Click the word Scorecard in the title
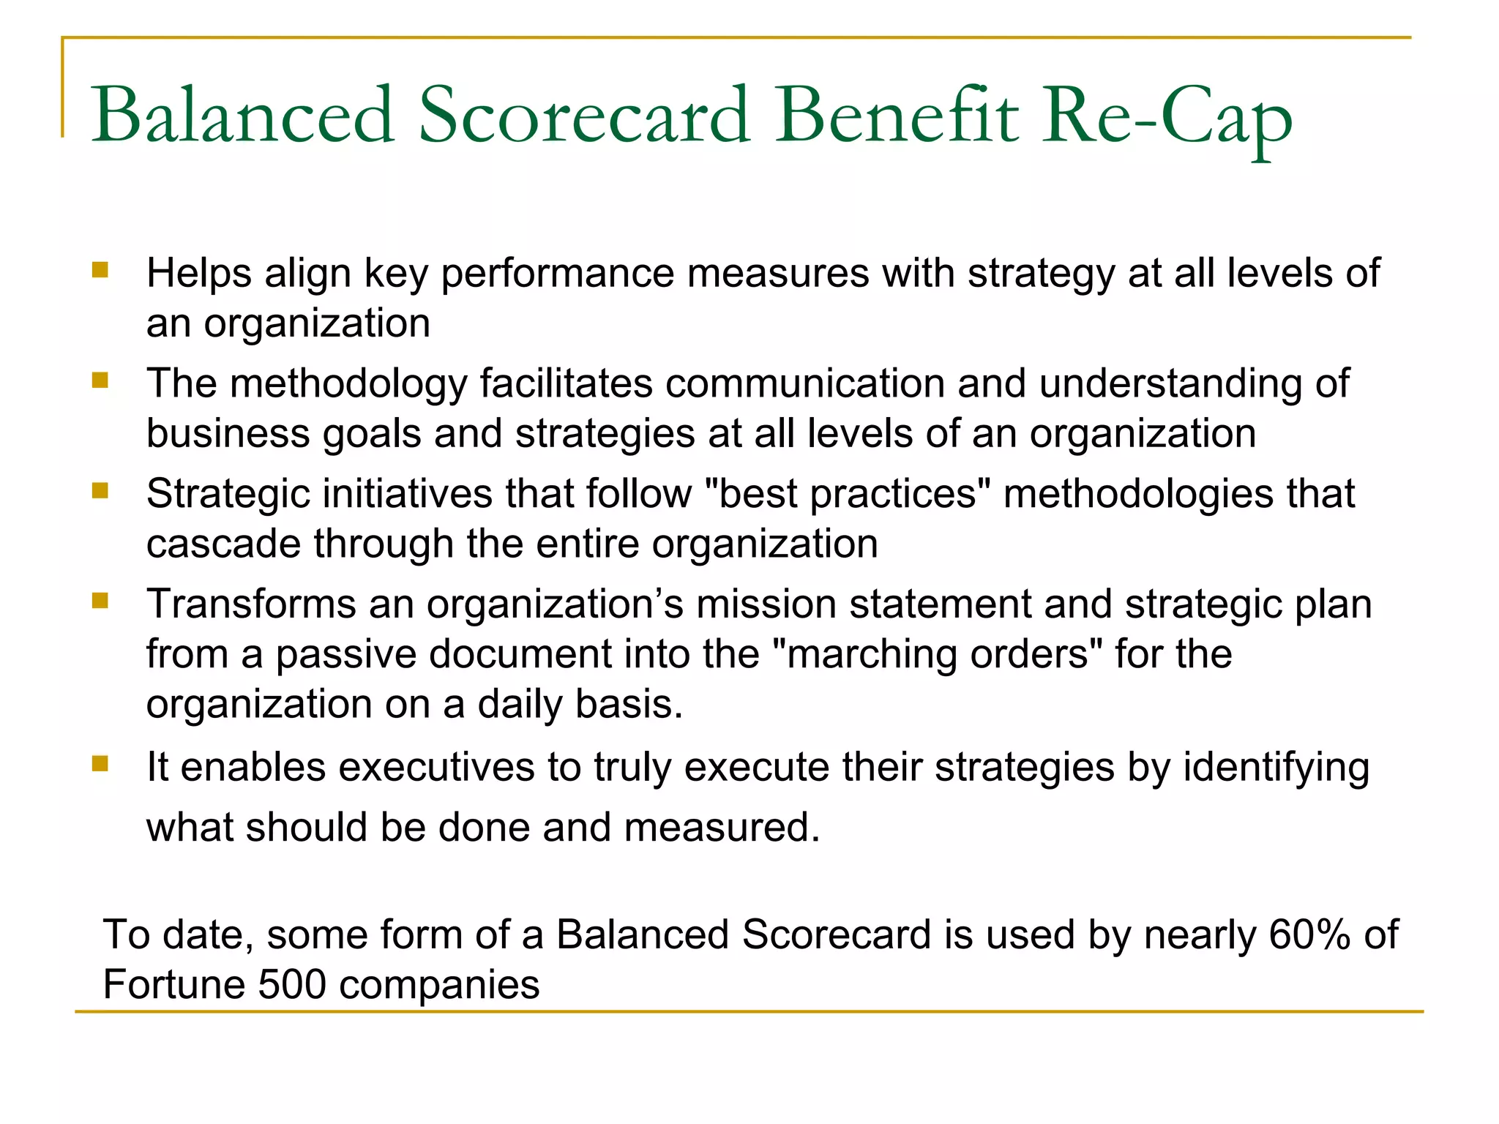click(x=584, y=116)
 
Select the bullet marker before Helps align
click(x=100, y=271)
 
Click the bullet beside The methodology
click(x=100, y=381)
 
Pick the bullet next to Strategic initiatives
click(x=100, y=490)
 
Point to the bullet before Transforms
click(x=100, y=601)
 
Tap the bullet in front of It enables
click(x=100, y=765)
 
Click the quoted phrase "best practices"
click(x=849, y=494)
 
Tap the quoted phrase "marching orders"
click(x=938, y=654)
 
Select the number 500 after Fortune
click(x=291, y=985)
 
